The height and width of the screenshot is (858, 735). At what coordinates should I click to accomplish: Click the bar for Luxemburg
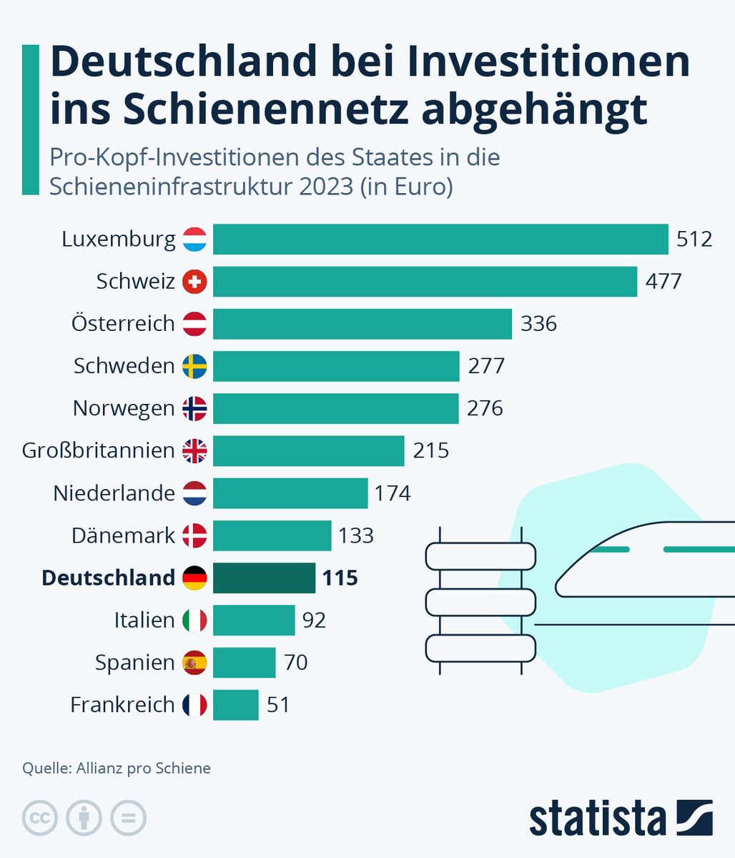[440, 239]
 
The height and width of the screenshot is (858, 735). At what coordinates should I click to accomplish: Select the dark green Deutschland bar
[264, 578]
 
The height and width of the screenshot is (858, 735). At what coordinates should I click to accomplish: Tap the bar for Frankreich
[235, 705]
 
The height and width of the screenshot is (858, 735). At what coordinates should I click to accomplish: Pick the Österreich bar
[362, 324]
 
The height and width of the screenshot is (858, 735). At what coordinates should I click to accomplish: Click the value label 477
[664, 281]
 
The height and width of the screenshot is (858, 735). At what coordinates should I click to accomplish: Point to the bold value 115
[340, 578]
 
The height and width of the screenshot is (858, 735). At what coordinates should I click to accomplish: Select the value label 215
[431, 450]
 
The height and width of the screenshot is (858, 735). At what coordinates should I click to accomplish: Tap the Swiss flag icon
[194, 282]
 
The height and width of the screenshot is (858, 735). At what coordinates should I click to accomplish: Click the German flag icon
[194, 578]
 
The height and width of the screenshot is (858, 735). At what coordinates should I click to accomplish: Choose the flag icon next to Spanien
[194, 663]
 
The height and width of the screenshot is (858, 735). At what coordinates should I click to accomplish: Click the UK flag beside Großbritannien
[194, 450]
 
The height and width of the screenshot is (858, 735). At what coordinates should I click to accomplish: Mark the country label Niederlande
[114, 493]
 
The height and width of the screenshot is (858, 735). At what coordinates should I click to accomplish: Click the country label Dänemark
[123, 536]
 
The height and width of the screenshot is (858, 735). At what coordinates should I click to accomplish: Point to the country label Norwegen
[123, 408]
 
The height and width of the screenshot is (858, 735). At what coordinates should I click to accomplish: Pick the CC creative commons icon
[40, 818]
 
